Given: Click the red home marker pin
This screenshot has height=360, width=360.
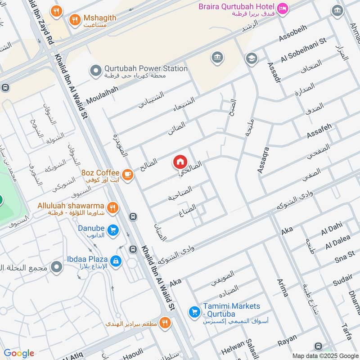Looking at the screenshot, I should click(x=180, y=162).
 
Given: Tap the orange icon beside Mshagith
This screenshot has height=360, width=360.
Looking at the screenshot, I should click(x=74, y=19).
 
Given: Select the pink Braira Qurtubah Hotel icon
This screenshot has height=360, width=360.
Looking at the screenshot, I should click(x=282, y=9).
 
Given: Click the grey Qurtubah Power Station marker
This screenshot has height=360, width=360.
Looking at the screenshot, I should click(x=95, y=70).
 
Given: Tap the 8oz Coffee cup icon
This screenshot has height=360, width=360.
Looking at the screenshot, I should click(x=127, y=174).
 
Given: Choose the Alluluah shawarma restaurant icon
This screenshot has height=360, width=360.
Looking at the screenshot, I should click(x=112, y=207).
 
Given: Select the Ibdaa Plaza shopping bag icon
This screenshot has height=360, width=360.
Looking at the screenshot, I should click(x=116, y=261).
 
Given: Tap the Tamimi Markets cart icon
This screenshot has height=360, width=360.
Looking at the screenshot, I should click(x=194, y=311).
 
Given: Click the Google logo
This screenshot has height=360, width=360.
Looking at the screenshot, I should click(x=19, y=353).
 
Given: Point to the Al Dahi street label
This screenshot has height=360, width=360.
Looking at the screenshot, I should click(x=332, y=229).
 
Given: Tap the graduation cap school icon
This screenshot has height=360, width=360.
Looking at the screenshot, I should click(x=251, y=58).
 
